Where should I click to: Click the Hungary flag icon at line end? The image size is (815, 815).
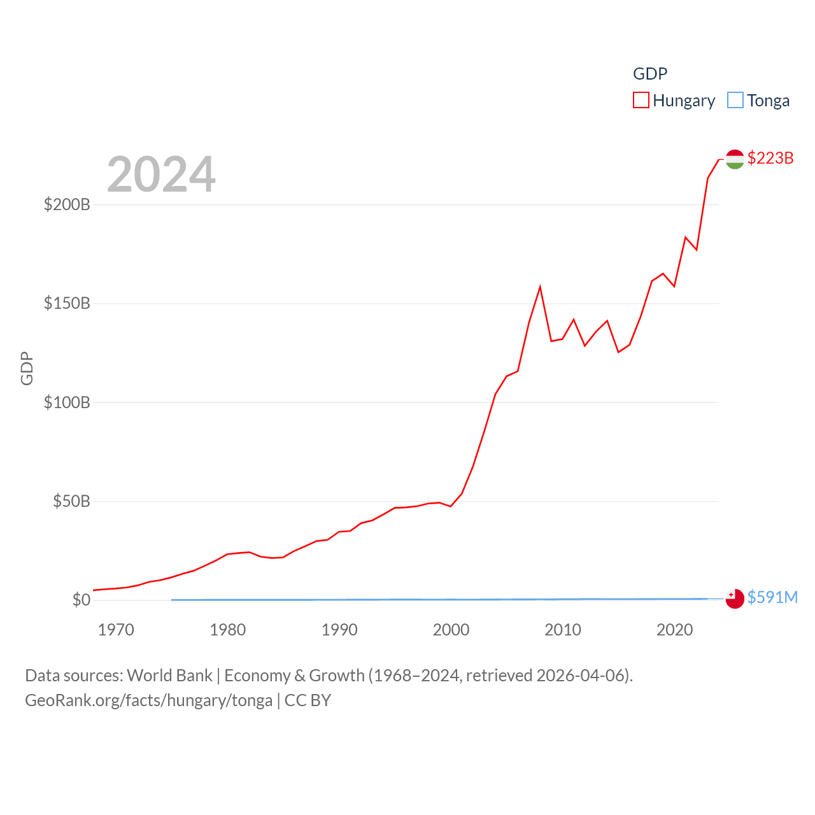click(x=735, y=159)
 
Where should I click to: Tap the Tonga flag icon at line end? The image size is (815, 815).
click(x=735, y=599)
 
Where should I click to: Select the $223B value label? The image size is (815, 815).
click(x=770, y=158)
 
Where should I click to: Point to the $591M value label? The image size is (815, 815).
click(x=772, y=597)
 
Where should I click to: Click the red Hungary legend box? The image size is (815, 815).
click(x=641, y=101)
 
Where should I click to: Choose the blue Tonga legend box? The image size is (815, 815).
click(x=735, y=101)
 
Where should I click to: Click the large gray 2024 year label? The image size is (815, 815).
click(x=161, y=174)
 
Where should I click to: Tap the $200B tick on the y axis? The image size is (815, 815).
click(x=67, y=204)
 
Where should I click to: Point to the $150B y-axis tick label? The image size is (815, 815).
click(x=67, y=303)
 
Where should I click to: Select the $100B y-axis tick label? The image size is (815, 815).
click(x=67, y=402)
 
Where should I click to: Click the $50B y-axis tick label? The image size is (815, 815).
click(x=71, y=501)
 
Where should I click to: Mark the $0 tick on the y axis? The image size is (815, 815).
click(x=81, y=600)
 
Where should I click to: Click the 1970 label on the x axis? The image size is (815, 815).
click(x=116, y=630)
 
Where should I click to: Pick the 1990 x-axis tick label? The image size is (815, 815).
click(x=339, y=630)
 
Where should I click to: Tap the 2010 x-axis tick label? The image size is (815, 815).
click(x=563, y=630)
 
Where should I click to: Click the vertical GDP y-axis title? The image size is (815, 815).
click(x=27, y=368)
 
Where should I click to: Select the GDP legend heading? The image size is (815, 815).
click(x=650, y=74)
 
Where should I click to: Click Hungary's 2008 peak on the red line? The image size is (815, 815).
click(x=540, y=287)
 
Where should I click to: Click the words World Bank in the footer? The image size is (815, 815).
click(x=169, y=675)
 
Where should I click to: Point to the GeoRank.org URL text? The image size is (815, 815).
click(x=148, y=700)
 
